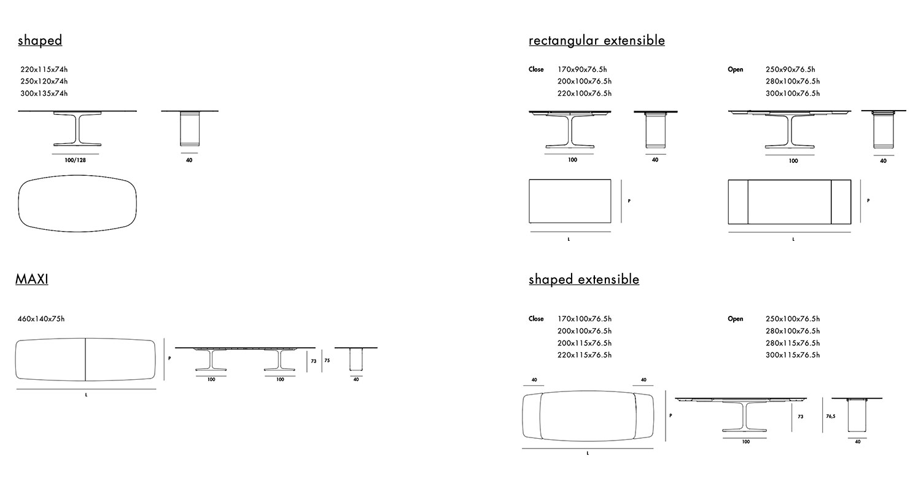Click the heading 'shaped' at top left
pos(40,41)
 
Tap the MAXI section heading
pos(32,279)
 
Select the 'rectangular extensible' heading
pos(596,41)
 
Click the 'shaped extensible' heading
pos(583,280)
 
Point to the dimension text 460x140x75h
pos(42,319)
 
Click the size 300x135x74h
pos(44,93)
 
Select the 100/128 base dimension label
pos(75,160)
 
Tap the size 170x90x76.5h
pos(582,69)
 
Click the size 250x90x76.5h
pos(790,69)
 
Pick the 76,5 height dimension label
pos(830,416)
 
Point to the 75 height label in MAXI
pos(327,361)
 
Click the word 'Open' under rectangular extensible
pos(735,69)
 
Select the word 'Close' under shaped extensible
pos(536,319)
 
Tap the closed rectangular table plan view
pos(570,202)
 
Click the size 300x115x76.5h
pos(793,355)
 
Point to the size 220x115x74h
pos(44,69)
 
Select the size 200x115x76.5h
pos(585,343)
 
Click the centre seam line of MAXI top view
pos(85,359)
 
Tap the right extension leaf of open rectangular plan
pos(841,202)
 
